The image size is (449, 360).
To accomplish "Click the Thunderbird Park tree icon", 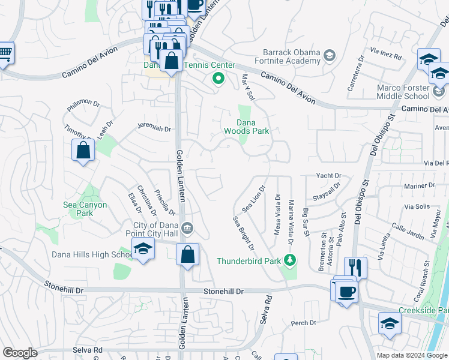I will click(x=291, y=260).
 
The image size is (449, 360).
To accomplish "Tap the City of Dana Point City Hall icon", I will click(x=187, y=227).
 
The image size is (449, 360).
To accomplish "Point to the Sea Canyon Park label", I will click(x=85, y=209).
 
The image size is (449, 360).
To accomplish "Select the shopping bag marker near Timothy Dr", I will click(x=83, y=151).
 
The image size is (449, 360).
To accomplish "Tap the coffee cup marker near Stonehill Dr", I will click(x=348, y=292).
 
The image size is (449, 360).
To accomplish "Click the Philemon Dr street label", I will click(x=83, y=104).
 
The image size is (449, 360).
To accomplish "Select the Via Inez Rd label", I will click(x=386, y=55).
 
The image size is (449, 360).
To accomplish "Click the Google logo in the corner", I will click(x=19, y=353).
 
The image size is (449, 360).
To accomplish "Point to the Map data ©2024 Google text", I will click(x=411, y=355).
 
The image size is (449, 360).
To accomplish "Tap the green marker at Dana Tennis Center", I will click(x=218, y=78).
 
